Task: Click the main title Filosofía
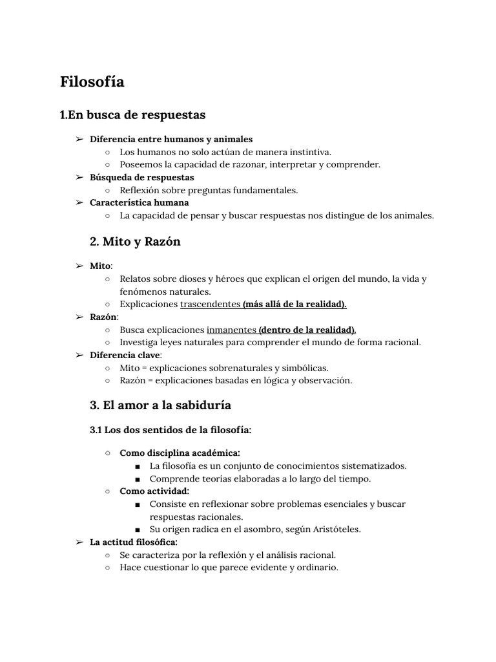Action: coord(92,82)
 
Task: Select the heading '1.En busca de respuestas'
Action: coord(132,115)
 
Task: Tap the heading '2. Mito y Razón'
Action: coord(135,242)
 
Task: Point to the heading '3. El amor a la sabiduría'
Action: coord(160,405)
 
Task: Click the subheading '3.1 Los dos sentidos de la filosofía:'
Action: coord(170,429)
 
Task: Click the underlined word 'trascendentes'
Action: coord(210,304)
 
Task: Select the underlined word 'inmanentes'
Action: coord(231,330)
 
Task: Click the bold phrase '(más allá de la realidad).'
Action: coord(294,304)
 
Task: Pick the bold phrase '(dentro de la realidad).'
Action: coord(307,330)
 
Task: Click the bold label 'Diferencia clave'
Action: coord(125,355)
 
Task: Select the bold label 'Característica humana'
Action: coord(139,203)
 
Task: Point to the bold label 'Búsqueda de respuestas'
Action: coord(141,177)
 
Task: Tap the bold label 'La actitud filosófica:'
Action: coord(133,542)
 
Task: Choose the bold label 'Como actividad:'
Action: coord(154,491)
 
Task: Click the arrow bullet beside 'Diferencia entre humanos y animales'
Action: coord(79,140)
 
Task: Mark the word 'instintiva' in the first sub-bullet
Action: coord(309,152)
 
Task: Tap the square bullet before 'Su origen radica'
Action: coord(138,529)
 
